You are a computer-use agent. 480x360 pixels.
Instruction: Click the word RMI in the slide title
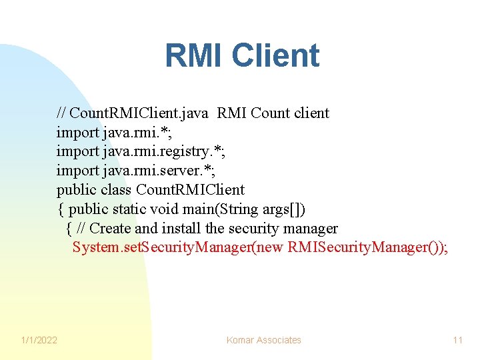[x=193, y=56]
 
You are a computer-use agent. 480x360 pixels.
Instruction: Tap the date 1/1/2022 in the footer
[x=39, y=340]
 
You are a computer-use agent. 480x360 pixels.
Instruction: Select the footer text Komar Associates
[x=263, y=340]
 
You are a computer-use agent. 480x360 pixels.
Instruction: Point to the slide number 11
[x=457, y=340]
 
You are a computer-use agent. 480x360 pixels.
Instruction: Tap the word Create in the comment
[x=110, y=229]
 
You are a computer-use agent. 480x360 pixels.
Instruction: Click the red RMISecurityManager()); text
[x=369, y=248]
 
